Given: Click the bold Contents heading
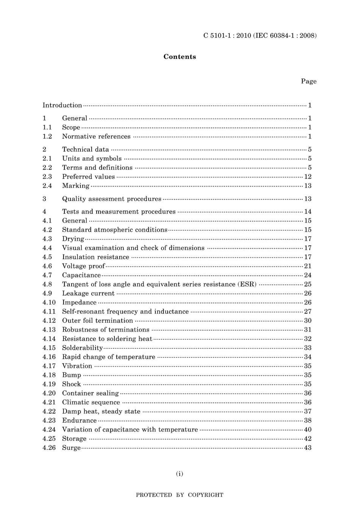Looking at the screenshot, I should (x=180, y=57).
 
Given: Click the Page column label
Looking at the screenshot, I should (x=308, y=81).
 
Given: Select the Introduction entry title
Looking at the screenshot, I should (x=62, y=105).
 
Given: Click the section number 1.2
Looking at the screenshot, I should (x=47, y=137).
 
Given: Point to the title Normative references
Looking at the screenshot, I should (x=96, y=137).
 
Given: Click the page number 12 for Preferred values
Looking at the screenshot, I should (x=308, y=177).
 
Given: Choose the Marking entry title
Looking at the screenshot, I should (x=76, y=186).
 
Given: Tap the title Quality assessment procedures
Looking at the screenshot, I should (x=112, y=199).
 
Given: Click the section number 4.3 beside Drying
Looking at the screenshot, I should (x=47, y=239).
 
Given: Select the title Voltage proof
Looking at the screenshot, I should (x=83, y=266).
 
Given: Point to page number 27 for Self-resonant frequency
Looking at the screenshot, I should (x=308, y=312).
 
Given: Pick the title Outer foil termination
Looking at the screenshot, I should (x=98, y=321).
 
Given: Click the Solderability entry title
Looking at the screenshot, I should (x=83, y=348).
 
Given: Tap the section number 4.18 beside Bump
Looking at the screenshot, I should (x=49, y=375).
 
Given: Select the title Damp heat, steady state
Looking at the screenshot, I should (x=101, y=411).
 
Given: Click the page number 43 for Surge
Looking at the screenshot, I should (x=308, y=448).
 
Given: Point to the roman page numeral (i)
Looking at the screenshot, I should (x=180, y=474).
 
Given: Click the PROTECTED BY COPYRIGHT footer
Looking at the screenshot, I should (x=180, y=495).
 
